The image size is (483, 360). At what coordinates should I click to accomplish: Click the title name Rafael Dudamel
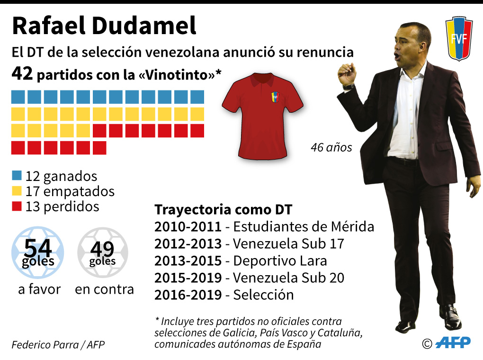click(104, 26)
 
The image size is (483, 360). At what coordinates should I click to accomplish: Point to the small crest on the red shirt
click(275, 97)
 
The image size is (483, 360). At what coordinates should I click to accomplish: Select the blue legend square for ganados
click(17, 176)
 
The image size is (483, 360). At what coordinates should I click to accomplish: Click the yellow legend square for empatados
click(17, 191)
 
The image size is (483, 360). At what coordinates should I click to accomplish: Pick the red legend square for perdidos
click(17, 207)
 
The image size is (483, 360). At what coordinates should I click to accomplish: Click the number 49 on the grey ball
click(102, 249)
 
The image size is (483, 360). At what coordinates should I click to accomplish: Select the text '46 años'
click(331, 148)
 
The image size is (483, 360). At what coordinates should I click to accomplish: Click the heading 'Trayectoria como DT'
click(224, 210)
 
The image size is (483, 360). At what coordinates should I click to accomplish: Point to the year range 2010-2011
click(188, 227)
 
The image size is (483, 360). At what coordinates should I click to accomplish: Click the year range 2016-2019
click(188, 295)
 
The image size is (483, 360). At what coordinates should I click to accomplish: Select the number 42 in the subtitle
click(22, 74)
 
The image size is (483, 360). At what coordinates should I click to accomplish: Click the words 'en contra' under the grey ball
click(104, 289)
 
